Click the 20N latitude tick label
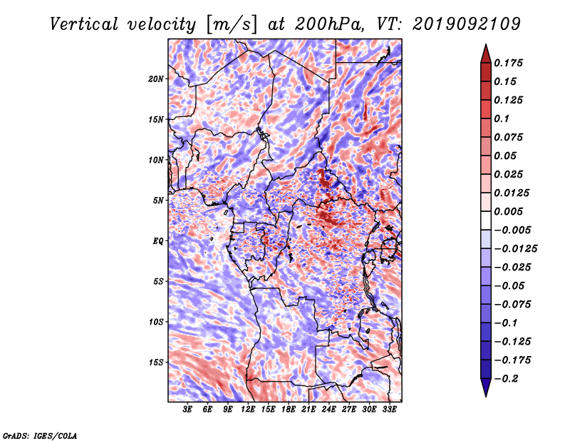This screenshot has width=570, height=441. click(x=156, y=78)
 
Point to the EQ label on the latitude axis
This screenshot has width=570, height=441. click(x=157, y=241)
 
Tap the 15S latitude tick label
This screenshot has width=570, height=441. click(x=156, y=363)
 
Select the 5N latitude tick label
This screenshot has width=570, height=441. click(x=158, y=201)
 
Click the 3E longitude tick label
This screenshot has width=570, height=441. click(x=187, y=409)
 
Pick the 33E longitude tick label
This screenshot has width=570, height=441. click(x=389, y=409)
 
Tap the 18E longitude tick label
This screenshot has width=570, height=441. click(x=289, y=409)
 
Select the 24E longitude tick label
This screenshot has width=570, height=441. click(x=328, y=409)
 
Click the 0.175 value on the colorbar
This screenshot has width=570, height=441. click(x=508, y=63)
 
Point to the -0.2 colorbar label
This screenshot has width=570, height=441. click(x=506, y=379)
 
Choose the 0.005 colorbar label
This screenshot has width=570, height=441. click(x=508, y=211)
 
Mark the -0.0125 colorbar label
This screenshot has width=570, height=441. click(x=515, y=249)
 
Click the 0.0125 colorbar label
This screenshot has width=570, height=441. click(x=512, y=193)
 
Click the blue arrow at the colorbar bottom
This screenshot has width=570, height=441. click(x=486, y=387)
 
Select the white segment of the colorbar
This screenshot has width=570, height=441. click(x=486, y=220)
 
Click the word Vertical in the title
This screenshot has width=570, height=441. click(x=84, y=24)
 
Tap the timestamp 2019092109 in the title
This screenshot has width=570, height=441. click(x=467, y=24)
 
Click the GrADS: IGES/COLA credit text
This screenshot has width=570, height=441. click(x=40, y=435)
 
